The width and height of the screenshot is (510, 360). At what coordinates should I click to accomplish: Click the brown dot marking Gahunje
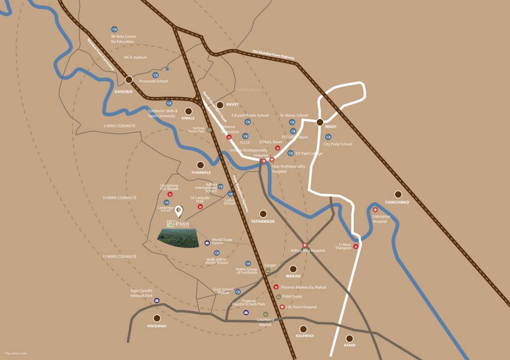pyautogui.click(x=129, y=80)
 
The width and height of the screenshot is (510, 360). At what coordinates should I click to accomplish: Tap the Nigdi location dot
pyautogui.click(x=320, y=122)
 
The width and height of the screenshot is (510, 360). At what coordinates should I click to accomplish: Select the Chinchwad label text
pyautogui.click(x=397, y=202)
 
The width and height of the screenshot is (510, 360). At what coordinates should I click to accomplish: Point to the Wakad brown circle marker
pyautogui.click(x=293, y=269)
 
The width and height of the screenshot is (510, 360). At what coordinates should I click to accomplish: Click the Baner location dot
pyautogui.click(x=349, y=338)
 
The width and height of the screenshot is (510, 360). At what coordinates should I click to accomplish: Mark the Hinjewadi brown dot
pyautogui.click(x=157, y=318)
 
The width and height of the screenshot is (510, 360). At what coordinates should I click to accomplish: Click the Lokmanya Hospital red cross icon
pyautogui.click(x=375, y=210)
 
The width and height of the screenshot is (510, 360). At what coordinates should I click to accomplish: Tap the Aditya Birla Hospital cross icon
pyautogui.click(x=305, y=245)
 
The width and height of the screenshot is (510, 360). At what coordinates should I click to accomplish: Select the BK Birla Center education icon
pyautogui.click(x=114, y=30)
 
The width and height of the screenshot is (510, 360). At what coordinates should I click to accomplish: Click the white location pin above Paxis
pyautogui.click(x=179, y=211)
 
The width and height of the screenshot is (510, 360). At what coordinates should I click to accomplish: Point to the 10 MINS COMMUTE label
pyautogui.click(x=119, y=198)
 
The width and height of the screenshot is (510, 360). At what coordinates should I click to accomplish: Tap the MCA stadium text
pyautogui.click(x=135, y=57)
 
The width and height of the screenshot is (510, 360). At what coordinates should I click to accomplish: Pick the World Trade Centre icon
pyautogui.click(x=207, y=243)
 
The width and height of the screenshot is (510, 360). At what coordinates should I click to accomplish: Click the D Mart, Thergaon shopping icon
pyautogui.click(x=356, y=247)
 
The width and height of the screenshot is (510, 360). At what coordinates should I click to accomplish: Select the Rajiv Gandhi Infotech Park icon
pyautogui.click(x=157, y=300)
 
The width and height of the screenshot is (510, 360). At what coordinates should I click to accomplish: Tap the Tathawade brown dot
pyautogui.click(x=263, y=214)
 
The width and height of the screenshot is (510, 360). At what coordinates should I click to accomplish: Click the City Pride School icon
pyautogui.click(x=328, y=137)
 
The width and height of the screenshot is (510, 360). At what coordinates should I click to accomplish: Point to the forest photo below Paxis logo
pyautogui.click(x=177, y=239)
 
